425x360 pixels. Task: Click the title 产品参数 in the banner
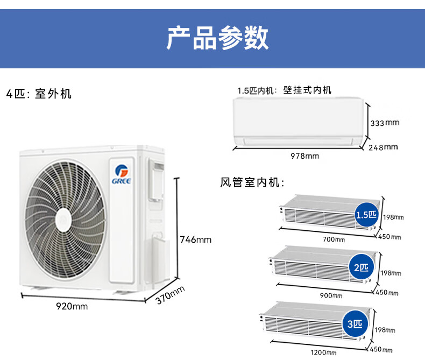(217, 37)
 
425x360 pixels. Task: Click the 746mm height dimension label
(195, 239)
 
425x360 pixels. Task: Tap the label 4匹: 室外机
(39, 94)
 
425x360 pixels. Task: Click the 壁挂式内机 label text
(307, 90)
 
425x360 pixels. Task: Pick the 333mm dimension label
(385, 123)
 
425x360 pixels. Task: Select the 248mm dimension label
(383, 147)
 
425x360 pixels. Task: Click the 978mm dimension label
(304, 156)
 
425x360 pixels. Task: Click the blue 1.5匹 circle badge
(367, 215)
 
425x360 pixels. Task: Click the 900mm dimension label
(331, 295)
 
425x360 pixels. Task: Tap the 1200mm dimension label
(324, 352)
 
